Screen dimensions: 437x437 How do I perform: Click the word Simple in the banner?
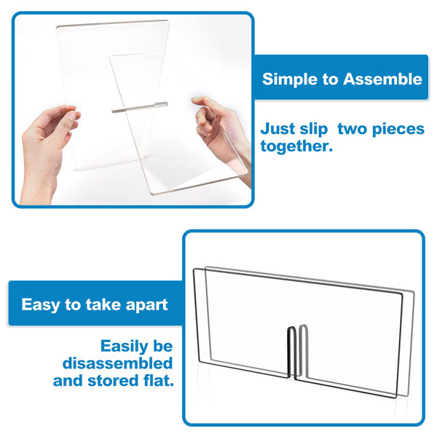(x=290, y=80)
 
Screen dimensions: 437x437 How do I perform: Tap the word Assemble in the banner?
(x=382, y=79)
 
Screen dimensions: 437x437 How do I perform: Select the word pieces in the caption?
(x=398, y=130)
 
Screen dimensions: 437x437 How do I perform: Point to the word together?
(x=296, y=146)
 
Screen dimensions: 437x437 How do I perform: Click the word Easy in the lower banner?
(x=41, y=305)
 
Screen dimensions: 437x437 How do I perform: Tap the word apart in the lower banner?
(x=146, y=305)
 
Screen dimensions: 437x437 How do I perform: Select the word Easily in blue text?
(x=125, y=347)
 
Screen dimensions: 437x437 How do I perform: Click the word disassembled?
(x=117, y=363)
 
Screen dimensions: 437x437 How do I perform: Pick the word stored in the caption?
(x=113, y=380)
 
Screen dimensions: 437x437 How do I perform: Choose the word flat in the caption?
(x=158, y=380)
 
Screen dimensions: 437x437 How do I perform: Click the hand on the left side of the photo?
(x=47, y=151)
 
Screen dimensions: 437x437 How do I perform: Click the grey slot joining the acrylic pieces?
(x=140, y=107)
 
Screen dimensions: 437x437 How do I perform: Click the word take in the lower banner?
(x=103, y=304)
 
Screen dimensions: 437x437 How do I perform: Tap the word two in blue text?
(x=353, y=130)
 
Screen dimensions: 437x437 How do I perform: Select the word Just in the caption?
(x=278, y=129)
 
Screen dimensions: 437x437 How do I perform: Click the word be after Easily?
(x=162, y=346)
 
